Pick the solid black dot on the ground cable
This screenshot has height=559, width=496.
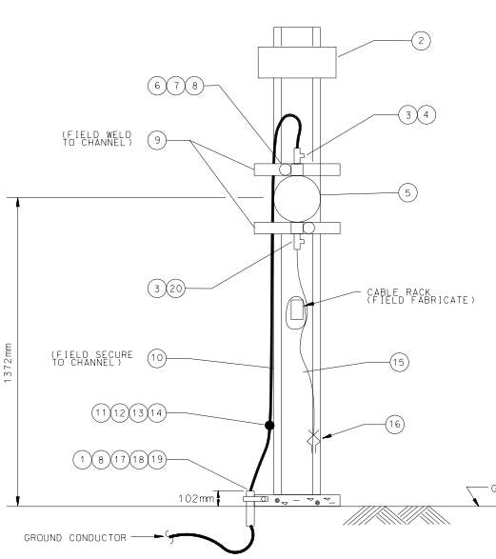tap(269, 425)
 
